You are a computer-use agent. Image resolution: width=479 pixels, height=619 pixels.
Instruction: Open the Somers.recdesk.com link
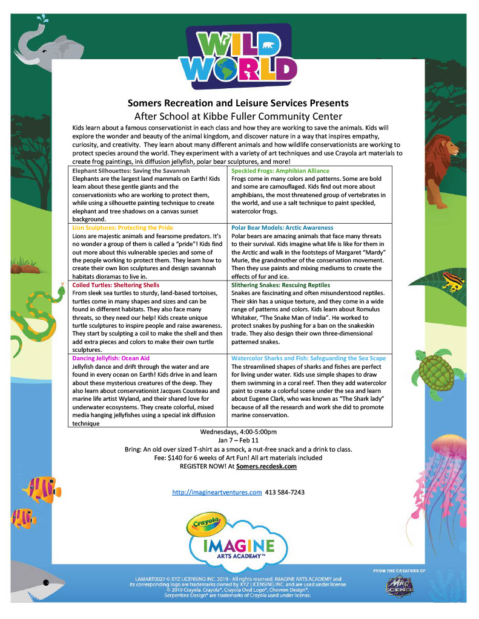pos(266,466)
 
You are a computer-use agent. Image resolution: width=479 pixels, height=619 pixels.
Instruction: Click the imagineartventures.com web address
pos(217,493)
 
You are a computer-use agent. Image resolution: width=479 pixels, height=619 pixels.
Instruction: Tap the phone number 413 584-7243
pos(285,493)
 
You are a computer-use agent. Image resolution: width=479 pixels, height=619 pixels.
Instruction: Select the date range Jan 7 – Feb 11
pos(239,441)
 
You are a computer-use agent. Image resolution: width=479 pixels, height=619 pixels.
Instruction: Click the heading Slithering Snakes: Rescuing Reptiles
pos(281,285)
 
